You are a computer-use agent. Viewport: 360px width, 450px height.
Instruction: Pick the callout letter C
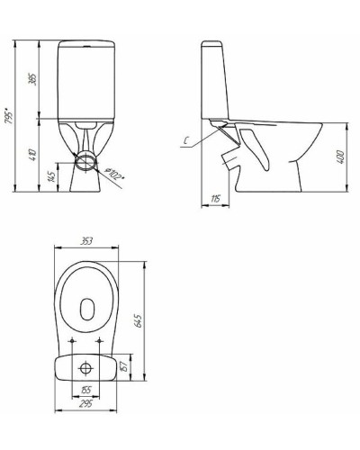184,139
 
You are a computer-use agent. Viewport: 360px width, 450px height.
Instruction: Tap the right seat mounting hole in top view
102,340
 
